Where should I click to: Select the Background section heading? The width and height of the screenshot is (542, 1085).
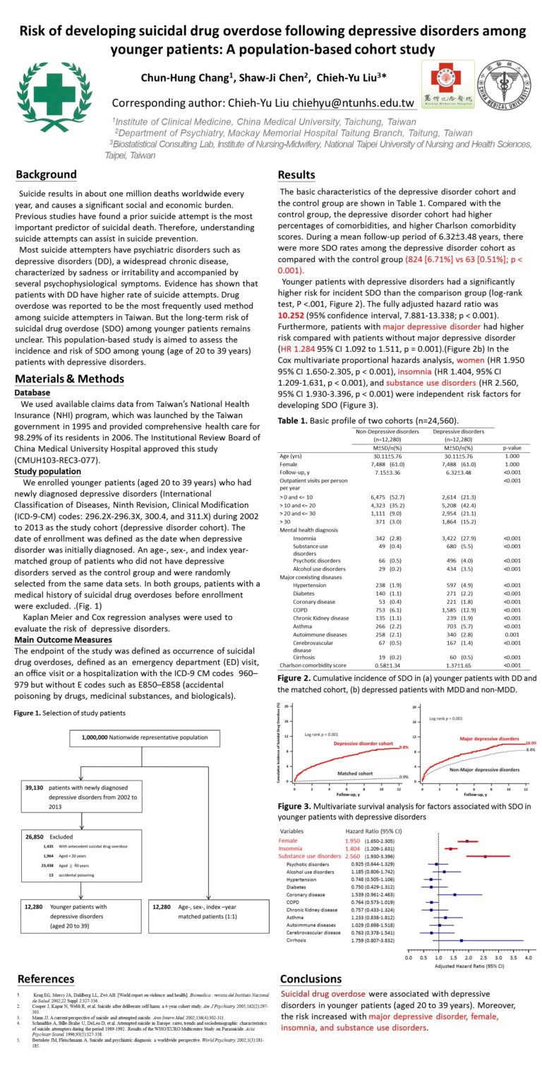click(x=47, y=174)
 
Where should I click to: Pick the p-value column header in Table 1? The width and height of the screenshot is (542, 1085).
click(x=513, y=447)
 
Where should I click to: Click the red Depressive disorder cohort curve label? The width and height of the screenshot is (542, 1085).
click(x=363, y=744)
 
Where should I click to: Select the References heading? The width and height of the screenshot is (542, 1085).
click(x=46, y=979)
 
